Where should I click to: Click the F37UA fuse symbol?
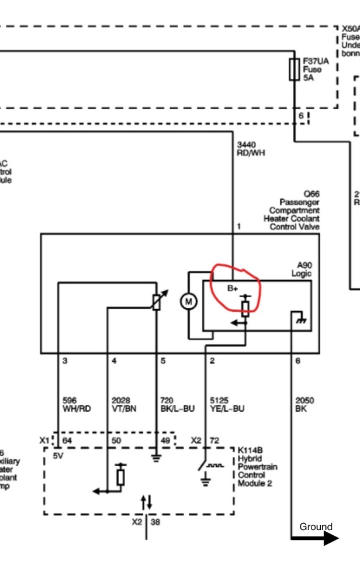point(295,69)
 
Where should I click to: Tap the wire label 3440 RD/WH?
point(246,149)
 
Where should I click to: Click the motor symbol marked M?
point(188,302)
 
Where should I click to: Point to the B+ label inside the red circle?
point(233,288)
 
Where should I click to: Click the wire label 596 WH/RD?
point(76,405)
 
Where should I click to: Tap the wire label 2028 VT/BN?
point(123,405)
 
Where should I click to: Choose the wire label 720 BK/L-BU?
point(176,405)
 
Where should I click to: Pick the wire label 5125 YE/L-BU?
point(227,405)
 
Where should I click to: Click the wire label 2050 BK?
point(304,404)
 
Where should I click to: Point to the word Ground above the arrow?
point(316,526)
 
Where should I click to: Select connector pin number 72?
point(214,440)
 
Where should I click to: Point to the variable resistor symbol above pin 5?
point(157,301)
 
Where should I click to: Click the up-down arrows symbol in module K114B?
point(146,501)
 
